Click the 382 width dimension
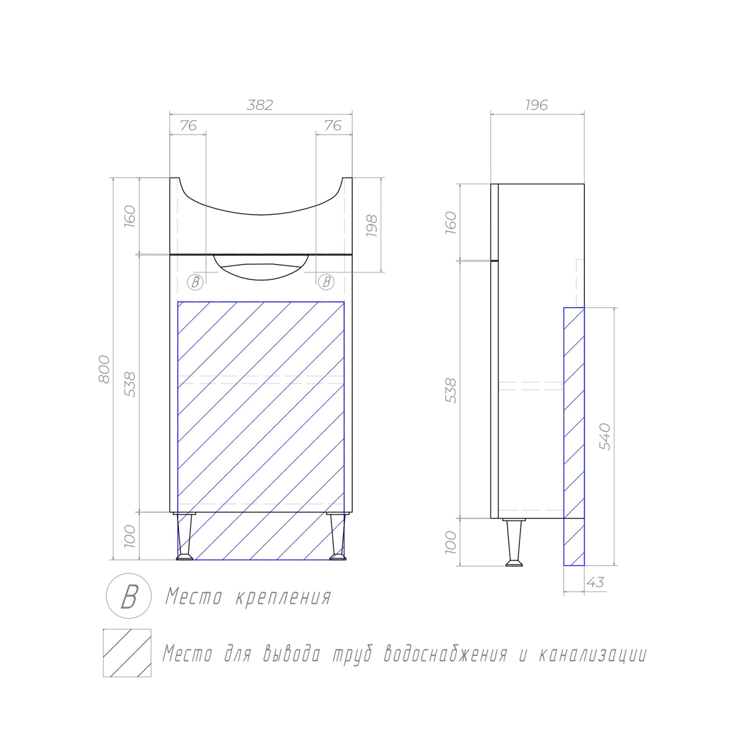pyautogui.click(x=260, y=105)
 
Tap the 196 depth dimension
pyautogui.click(x=537, y=105)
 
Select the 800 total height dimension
pyautogui.click(x=105, y=369)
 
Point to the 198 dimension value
pyautogui.click(x=372, y=226)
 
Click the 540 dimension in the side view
pyautogui.click(x=605, y=437)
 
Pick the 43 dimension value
pyautogui.click(x=595, y=583)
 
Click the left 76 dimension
pyautogui.click(x=188, y=125)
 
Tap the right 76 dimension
pyautogui.click(x=333, y=125)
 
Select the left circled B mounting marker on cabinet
pyautogui.click(x=195, y=282)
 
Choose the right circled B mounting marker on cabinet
pyautogui.click(x=326, y=282)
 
